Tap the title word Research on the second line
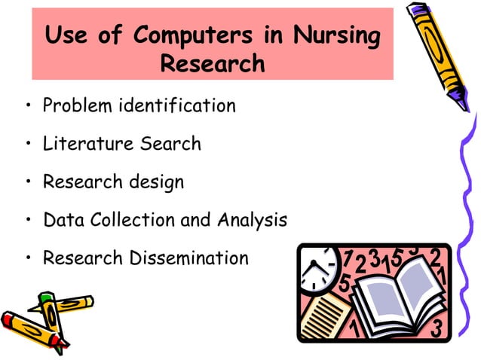click(213, 63)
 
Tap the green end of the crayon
click(46, 298)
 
